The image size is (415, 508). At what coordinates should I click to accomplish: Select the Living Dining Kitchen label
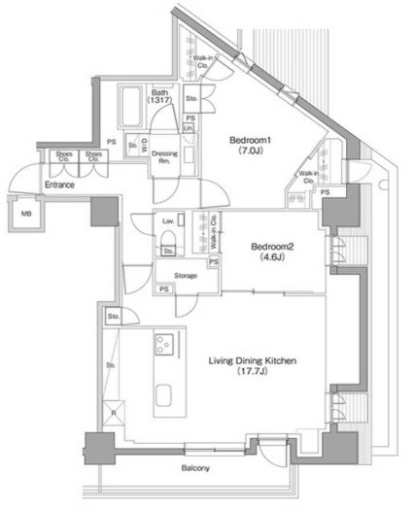pos(252,359)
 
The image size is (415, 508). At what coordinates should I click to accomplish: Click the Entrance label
pos(60,185)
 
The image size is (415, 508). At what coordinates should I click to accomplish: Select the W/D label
pos(145,147)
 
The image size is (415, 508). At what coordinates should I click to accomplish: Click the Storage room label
pos(186,276)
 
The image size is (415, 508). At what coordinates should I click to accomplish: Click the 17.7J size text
pos(252,370)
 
